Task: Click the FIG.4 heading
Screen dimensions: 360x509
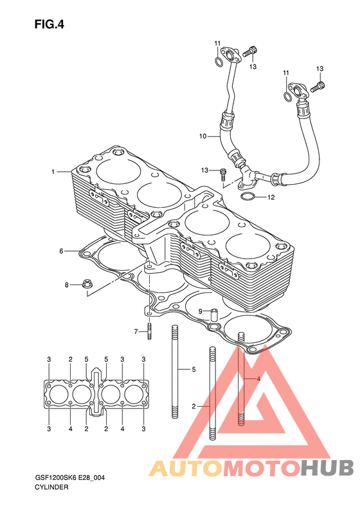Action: point(50,24)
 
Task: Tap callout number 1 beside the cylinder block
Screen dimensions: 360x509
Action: point(53,172)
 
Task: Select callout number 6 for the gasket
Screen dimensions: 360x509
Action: point(61,251)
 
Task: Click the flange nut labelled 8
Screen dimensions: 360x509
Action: point(87,284)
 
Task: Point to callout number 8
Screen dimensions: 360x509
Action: point(66,285)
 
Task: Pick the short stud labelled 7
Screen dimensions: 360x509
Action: point(149,331)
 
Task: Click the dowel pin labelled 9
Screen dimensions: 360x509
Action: point(213,314)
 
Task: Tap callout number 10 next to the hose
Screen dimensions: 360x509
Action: point(203,136)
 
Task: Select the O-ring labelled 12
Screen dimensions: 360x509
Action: point(248,196)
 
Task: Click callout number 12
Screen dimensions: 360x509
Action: point(271,197)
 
